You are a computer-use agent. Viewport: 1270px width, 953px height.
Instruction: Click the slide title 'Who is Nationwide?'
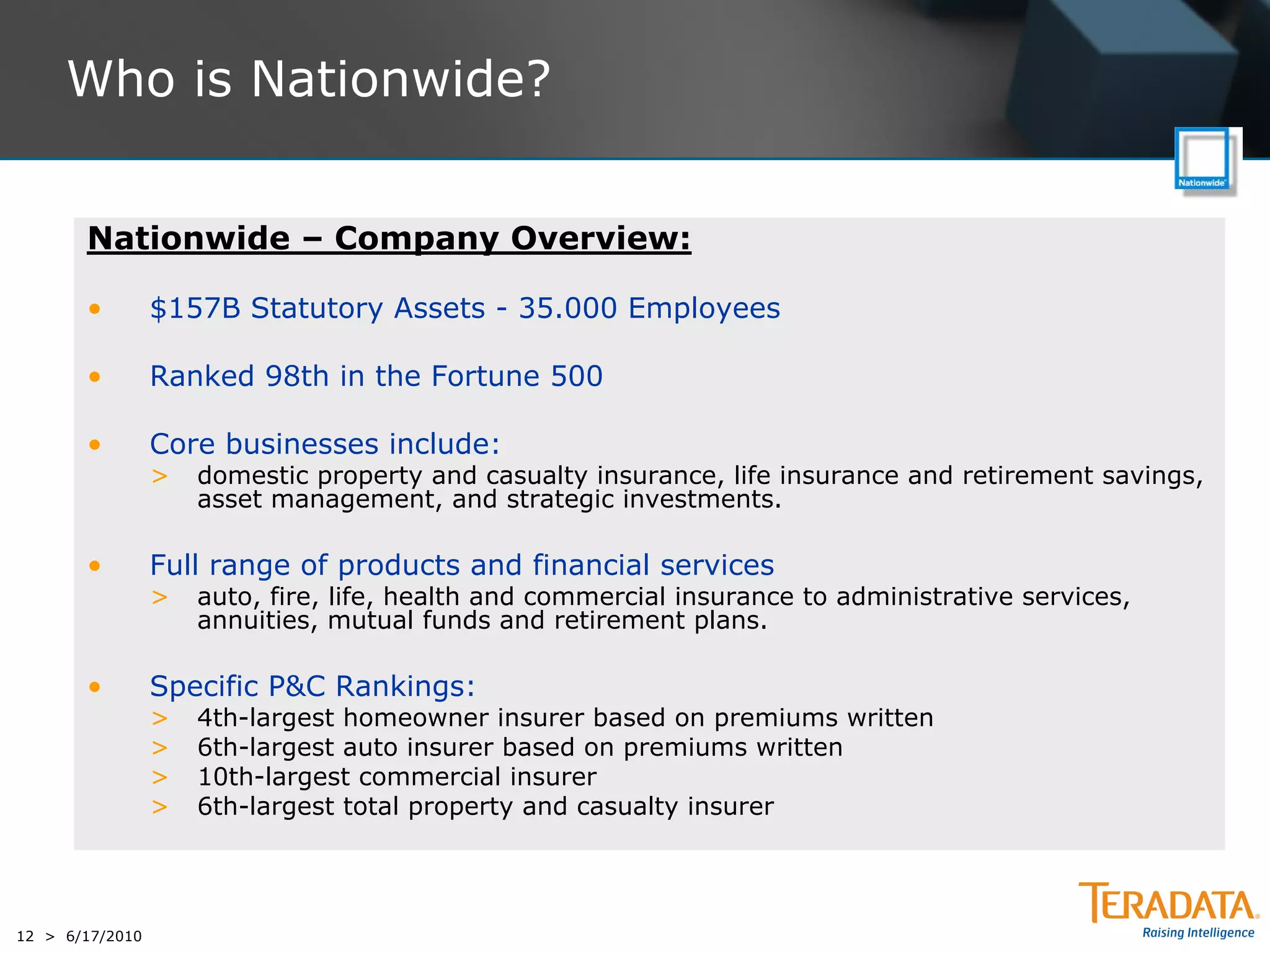(x=309, y=79)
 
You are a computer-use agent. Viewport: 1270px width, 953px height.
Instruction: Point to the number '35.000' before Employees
(x=567, y=308)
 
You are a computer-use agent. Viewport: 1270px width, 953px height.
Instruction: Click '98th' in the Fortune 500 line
(x=296, y=376)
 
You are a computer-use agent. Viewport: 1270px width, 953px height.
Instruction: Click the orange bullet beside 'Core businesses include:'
(x=94, y=444)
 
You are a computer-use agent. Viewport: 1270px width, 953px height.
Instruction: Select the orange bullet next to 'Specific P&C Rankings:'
(x=94, y=686)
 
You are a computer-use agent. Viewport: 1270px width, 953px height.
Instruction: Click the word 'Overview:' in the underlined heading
(x=600, y=238)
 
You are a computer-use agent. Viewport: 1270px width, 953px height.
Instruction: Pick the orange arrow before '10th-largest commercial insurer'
(x=159, y=777)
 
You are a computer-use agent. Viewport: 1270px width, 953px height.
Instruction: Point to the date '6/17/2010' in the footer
(x=104, y=936)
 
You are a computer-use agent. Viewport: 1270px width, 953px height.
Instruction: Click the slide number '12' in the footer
(x=25, y=936)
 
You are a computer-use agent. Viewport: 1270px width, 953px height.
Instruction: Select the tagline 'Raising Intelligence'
(x=1198, y=933)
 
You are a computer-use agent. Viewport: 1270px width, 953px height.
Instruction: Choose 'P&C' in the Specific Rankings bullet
(x=296, y=686)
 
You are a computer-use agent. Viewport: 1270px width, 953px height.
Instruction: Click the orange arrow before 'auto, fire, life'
(x=159, y=597)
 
